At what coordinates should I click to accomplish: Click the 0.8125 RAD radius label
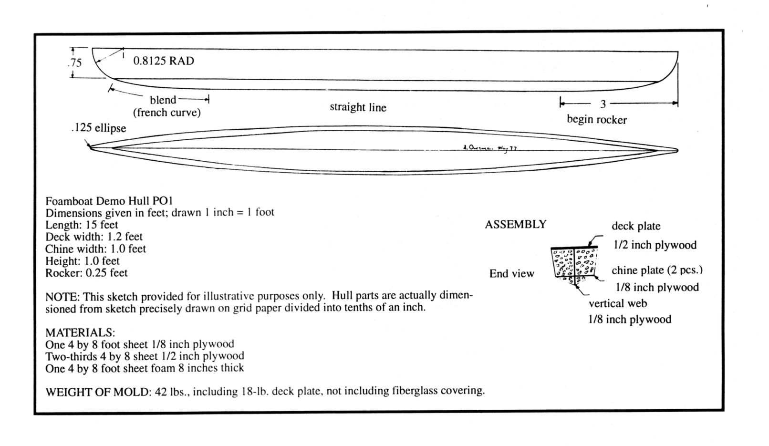point(164,61)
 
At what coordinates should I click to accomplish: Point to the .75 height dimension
point(75,62)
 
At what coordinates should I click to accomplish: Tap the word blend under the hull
point(163,100)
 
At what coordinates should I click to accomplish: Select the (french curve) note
point(166,113)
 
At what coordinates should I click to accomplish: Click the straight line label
point(358,107)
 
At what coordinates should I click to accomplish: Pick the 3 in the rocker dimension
point(603,104)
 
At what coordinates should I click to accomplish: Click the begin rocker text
point(596,119)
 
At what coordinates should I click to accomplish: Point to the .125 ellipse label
point(98,128)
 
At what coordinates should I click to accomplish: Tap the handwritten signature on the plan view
point(489,148)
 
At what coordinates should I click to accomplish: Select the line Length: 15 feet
point(82,225)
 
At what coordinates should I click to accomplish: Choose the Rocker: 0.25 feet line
point(86,273)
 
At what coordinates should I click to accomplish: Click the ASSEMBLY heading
point(515,225)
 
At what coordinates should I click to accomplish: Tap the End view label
point(511,274)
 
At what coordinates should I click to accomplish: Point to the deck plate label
point(636,227)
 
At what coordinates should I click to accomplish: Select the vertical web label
point(617,303)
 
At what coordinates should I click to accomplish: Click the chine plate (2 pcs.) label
point(657,270)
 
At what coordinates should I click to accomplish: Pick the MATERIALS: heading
point(80,332)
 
